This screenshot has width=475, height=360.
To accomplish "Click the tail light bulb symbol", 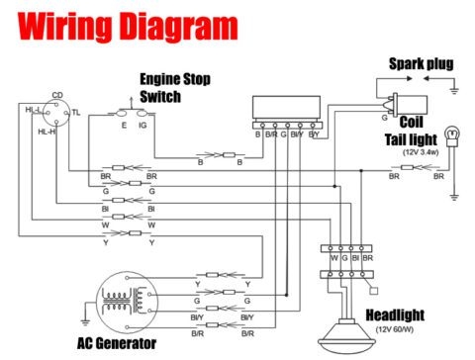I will [453, 131].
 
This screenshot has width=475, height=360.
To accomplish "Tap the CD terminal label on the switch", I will [56, 96].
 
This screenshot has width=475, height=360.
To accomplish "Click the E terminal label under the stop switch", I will [123, 126].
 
